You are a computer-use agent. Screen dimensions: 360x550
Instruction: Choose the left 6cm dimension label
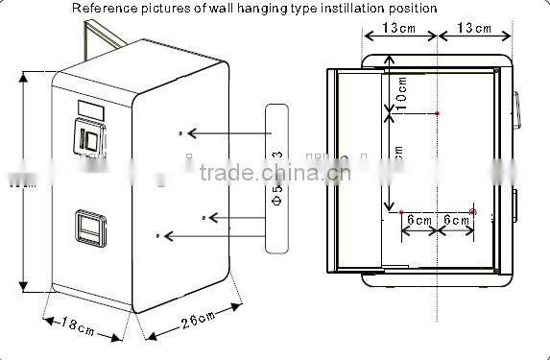click(x=418, y=221)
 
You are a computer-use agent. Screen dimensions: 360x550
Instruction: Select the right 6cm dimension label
click(x=454, y=221)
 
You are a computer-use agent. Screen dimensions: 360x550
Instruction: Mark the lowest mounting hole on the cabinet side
click(x=157, y=234)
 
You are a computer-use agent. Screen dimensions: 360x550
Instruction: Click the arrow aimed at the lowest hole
click(x=211, y=234)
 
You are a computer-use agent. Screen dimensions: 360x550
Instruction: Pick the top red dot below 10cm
click(x=437, y=113)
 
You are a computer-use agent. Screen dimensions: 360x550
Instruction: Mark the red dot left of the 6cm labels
click(x=401, y=209)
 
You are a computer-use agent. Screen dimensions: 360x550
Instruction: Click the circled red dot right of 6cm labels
click(x=473, y=209)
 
